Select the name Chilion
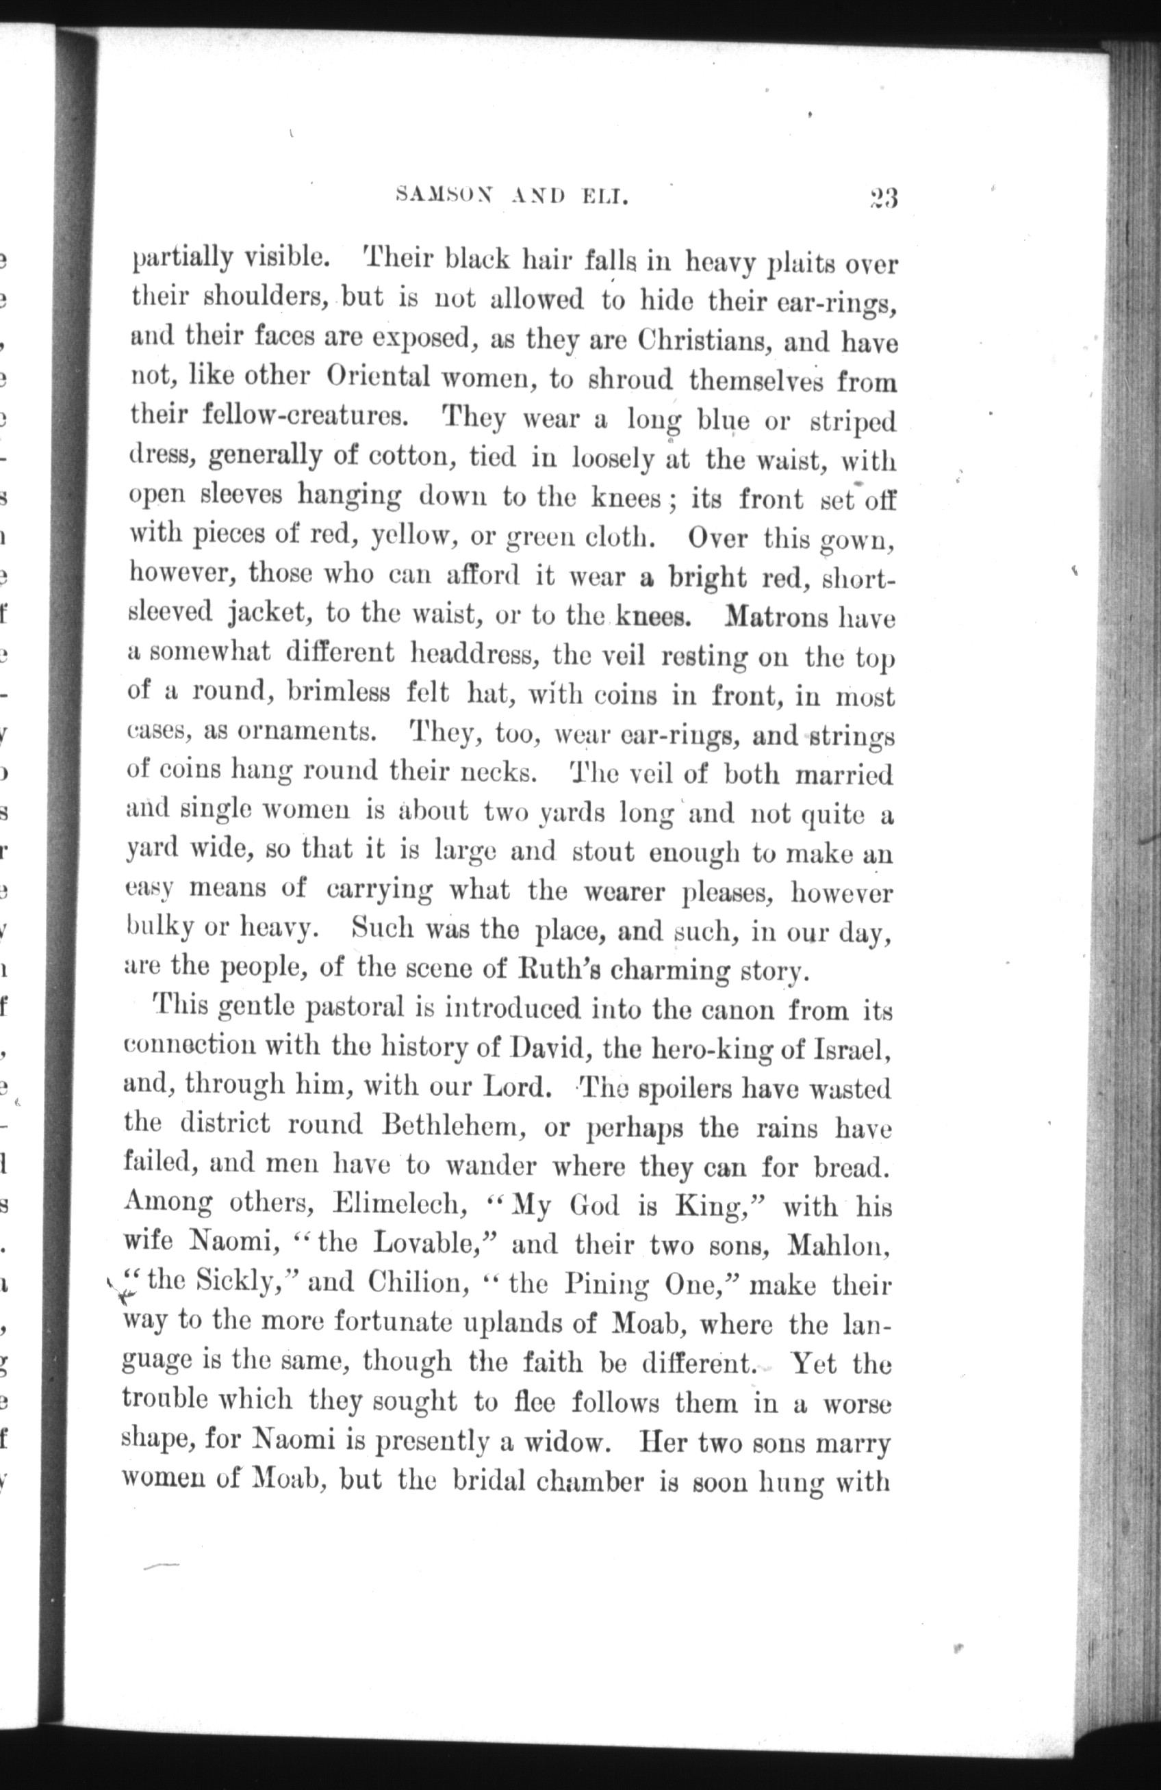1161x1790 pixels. pyautogui.click(x=415, y=1283)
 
